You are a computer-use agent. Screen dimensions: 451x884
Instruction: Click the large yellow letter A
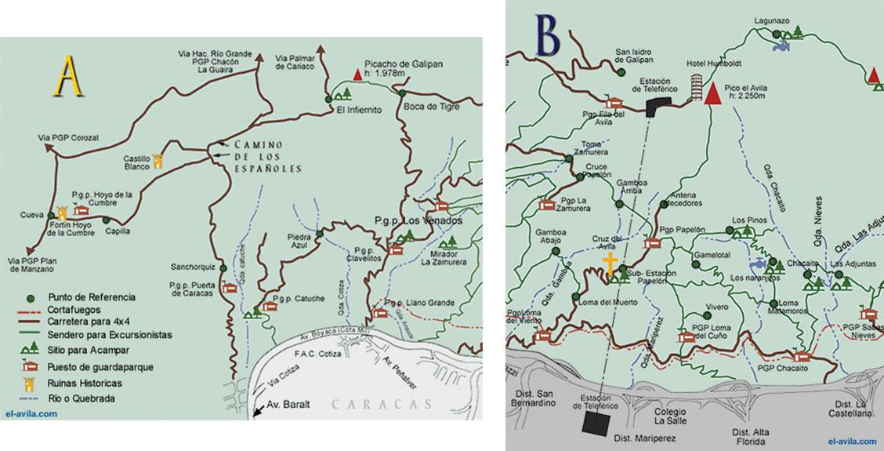[68, 76]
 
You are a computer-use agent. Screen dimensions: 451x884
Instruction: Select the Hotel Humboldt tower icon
[696, 88]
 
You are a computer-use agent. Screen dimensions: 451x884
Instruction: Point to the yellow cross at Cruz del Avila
[609, 263]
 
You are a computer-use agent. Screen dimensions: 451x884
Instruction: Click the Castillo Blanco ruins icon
[158, 161]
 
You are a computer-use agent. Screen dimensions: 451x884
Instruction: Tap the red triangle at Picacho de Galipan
[357, 75]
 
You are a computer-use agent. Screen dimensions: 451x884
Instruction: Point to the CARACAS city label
[381, 405]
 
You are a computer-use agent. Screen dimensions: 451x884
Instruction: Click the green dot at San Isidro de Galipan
[620, 71]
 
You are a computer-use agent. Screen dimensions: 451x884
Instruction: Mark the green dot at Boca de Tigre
[402, 93]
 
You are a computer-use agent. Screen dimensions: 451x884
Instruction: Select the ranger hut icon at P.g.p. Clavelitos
[396, 249]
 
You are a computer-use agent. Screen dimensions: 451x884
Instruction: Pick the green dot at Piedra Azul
[319, 234]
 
